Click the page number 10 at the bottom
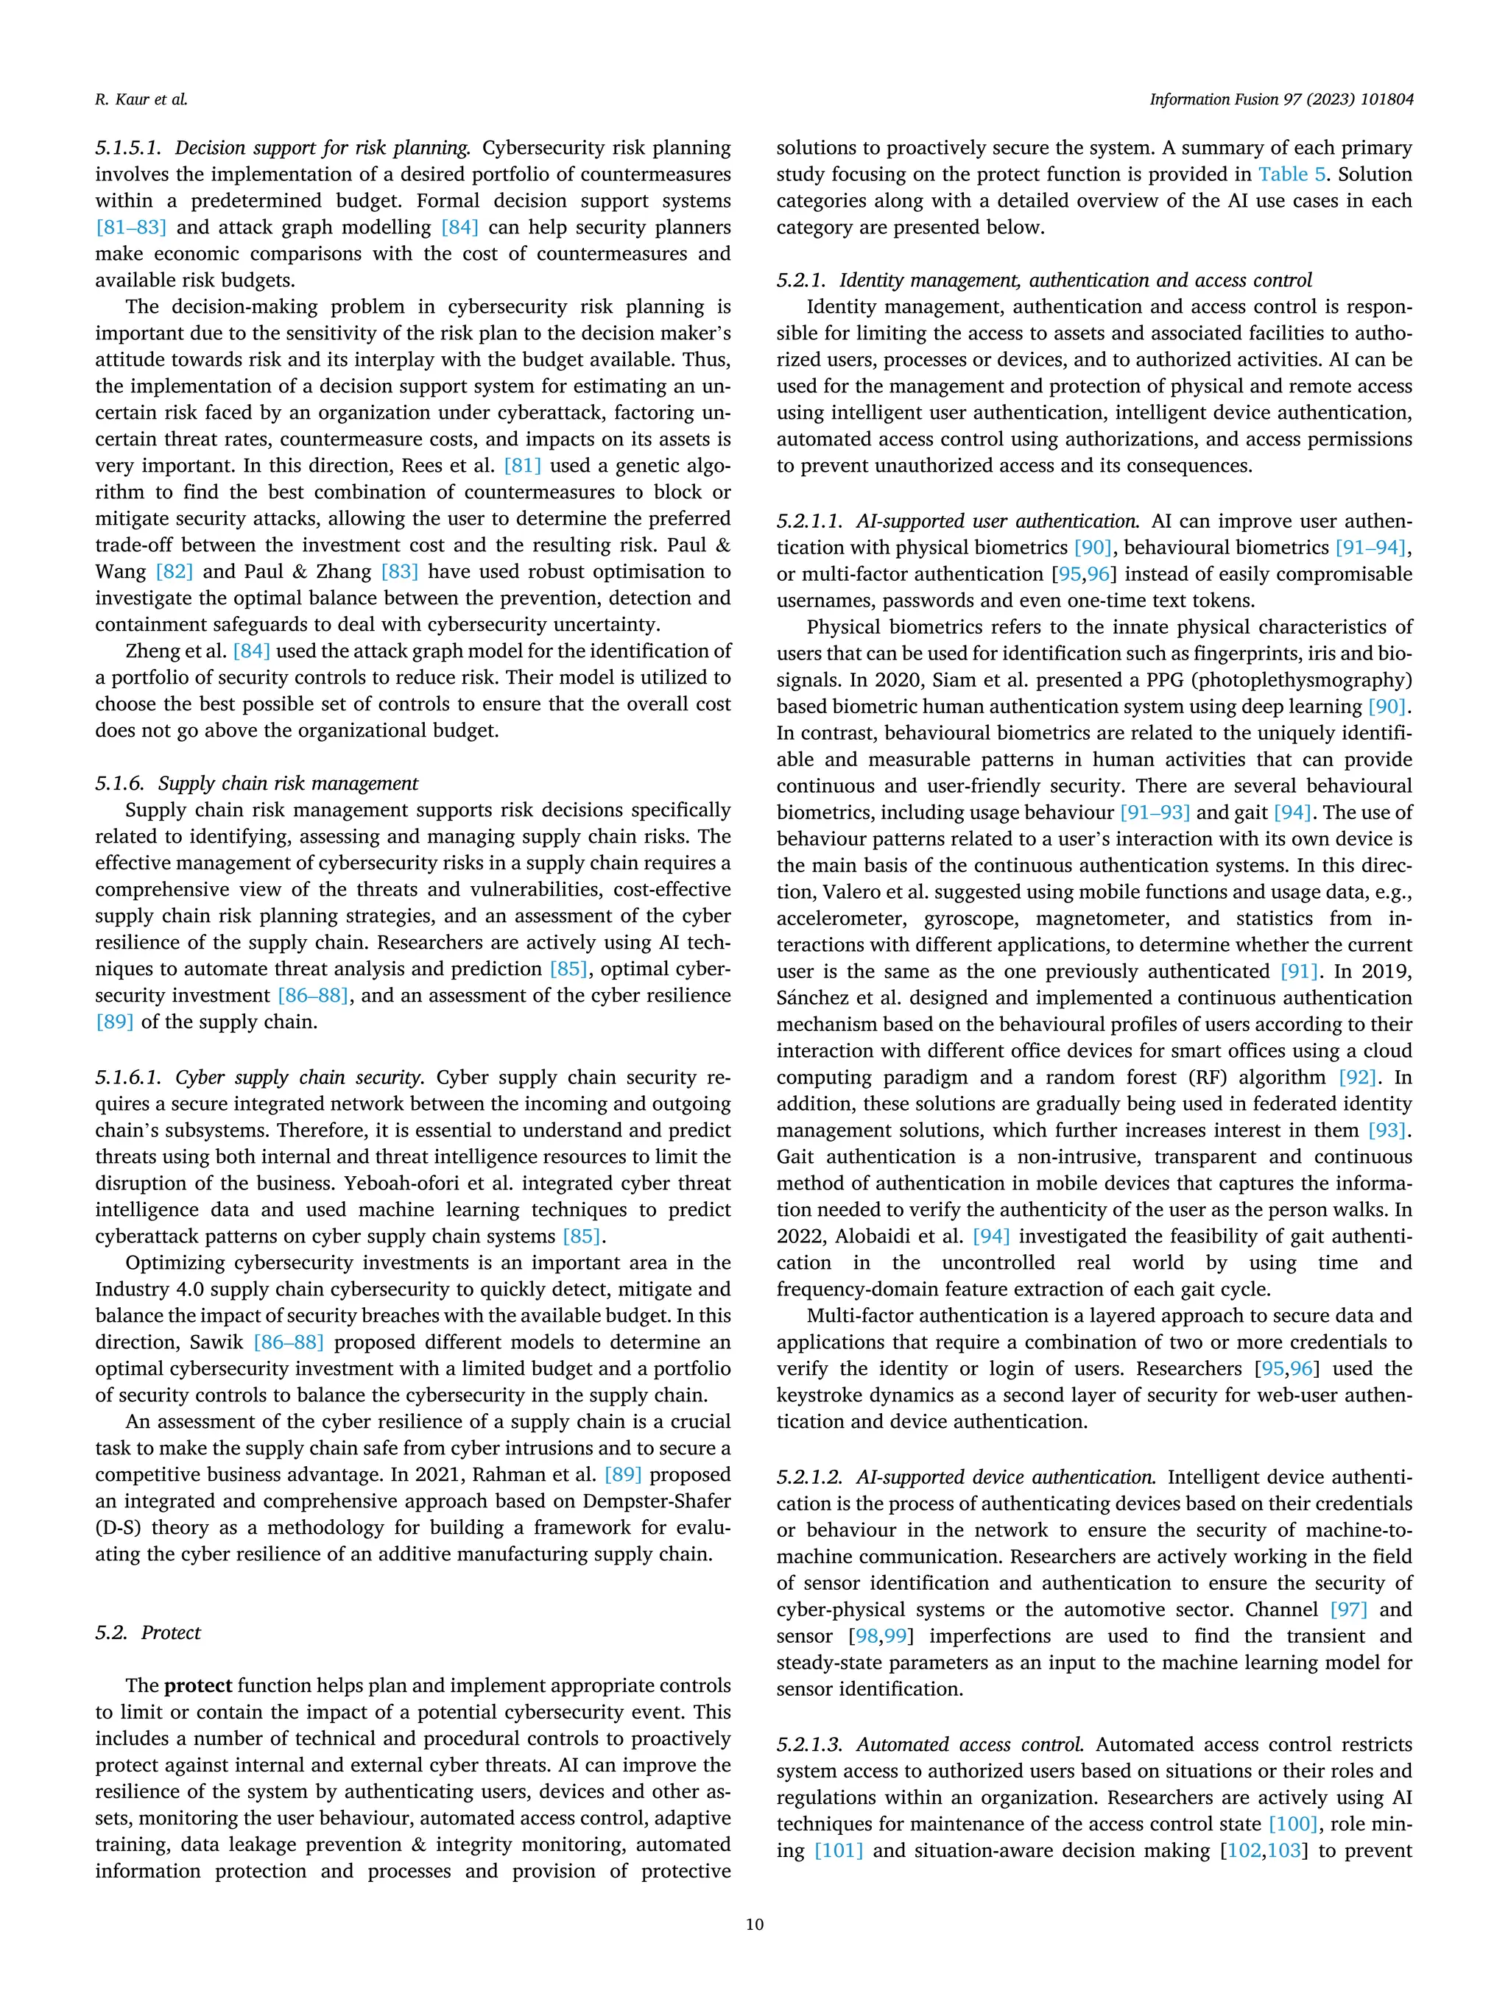point(753,1924)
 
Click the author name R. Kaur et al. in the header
point(141,99)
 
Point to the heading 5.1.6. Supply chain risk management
point(256,783)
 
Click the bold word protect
point(198,1685)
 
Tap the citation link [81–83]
point(131,227)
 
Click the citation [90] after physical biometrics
point(1093,547)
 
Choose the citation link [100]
point(1292,1824)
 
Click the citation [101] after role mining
point(838,1850)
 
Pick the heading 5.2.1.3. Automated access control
point(930,1744)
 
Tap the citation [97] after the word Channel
point(1348,1610)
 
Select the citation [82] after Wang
point(174,572)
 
